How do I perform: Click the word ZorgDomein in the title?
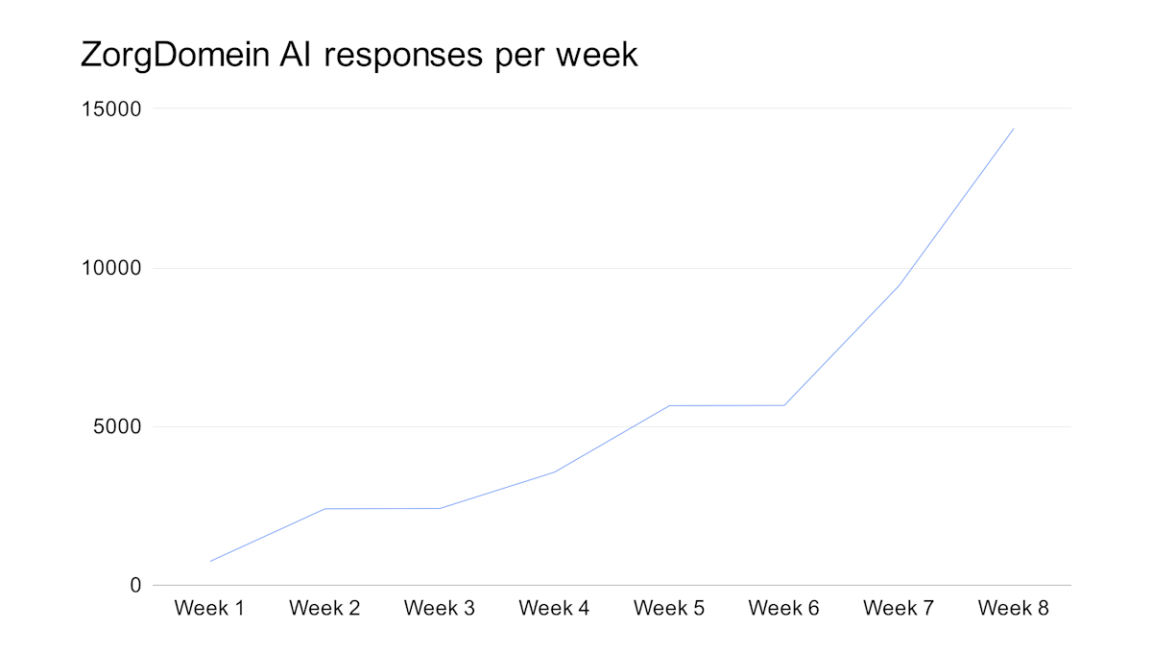click(176, 55)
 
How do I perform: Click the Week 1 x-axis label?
click(209, 609)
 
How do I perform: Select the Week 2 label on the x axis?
click(324, 609)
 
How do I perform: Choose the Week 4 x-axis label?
click(554, 609)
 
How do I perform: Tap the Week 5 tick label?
click(669, 609)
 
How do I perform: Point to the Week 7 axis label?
click(899, 609)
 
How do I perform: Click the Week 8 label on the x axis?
click(1014, 609)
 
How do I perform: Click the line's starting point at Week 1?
click(210, 561)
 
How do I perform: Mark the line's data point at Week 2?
click(324, 509)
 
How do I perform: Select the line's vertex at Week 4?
click(554, 472)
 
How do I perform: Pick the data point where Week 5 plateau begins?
click(669, 405)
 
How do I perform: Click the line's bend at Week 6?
click(784, 405)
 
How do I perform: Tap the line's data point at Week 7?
click(899, 285)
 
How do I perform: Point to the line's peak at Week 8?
click(1014, 129)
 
